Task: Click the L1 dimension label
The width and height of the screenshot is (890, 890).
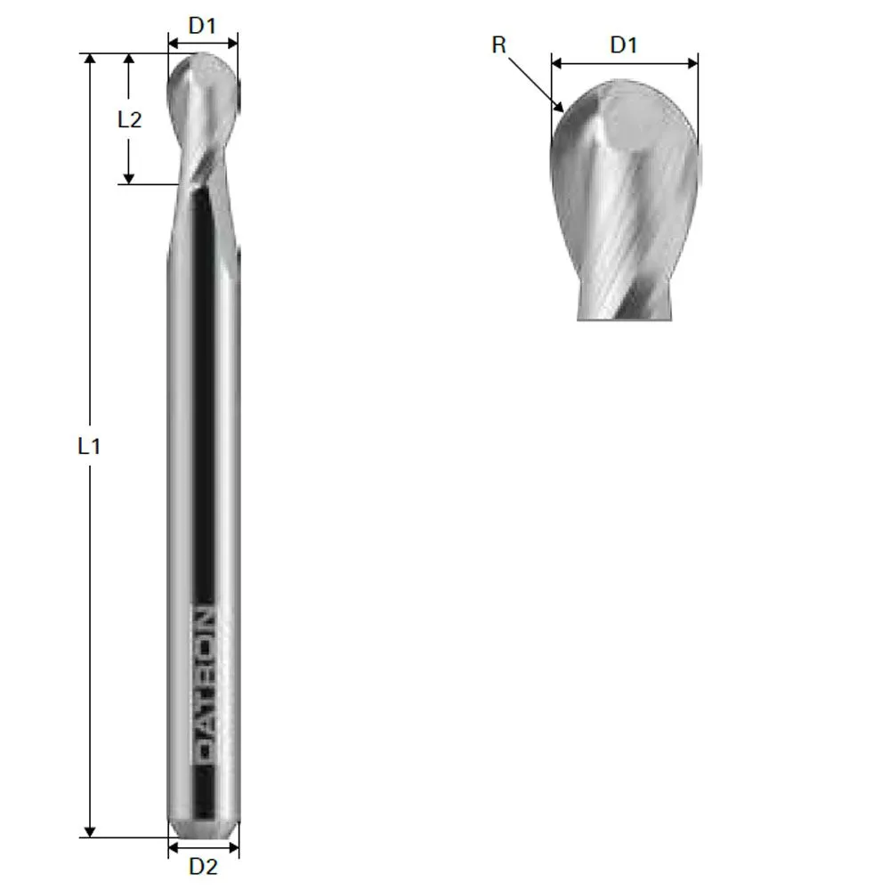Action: (88, 446)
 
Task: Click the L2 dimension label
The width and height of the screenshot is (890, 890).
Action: (130, 119)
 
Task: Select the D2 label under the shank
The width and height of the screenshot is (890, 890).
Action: (204, 866)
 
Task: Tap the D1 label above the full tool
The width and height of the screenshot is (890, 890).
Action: (203, 26)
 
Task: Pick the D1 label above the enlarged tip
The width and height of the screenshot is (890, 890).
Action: (624, 45)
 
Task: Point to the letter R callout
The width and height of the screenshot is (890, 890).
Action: (499, 45)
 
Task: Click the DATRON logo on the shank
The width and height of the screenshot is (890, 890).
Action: (205, 686)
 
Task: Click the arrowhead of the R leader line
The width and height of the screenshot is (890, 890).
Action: (561, 108)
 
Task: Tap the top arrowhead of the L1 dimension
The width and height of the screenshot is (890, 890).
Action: (89, 59)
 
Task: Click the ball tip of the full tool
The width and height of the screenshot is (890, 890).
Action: (204, 80)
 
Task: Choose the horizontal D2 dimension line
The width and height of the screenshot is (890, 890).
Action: (204, 847)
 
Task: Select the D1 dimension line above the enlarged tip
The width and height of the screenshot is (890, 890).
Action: (624, 63)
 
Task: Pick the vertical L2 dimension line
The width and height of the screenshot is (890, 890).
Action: (129, 151)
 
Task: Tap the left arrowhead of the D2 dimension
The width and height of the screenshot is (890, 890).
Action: (174, 847)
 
